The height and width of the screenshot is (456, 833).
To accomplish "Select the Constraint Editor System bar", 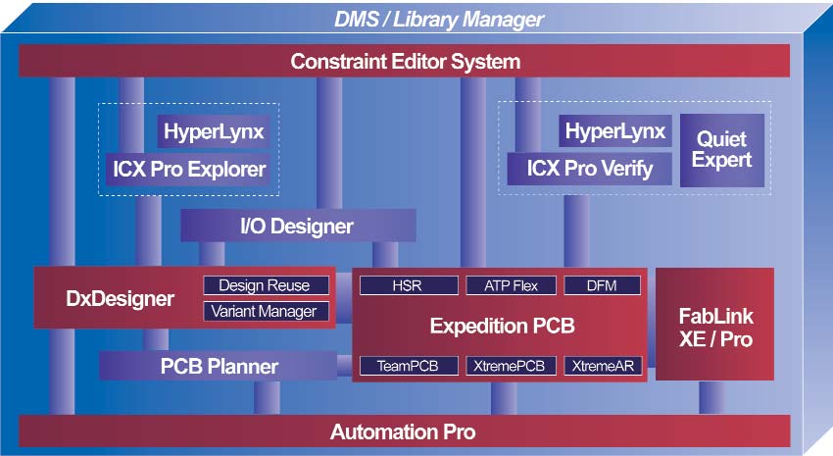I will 405,62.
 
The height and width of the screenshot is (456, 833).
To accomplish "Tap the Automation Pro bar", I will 405,431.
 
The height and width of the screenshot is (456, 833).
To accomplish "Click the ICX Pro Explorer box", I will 187,169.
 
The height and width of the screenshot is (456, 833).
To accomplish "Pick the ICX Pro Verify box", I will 589,169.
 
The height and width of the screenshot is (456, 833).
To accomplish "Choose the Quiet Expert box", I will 721,149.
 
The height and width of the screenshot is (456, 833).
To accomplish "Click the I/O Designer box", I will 297,227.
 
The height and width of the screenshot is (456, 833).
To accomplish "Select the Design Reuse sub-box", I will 264,285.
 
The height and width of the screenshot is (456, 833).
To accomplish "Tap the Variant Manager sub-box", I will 264,311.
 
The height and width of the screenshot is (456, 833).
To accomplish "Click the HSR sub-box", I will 408,285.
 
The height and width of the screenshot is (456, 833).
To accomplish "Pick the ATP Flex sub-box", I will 511,285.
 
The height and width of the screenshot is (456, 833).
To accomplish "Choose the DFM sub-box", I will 603,285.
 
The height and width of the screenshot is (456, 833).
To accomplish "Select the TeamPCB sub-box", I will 408,366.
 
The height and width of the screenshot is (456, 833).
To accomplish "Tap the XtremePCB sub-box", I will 511,366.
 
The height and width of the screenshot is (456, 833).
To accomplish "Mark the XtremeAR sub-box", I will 603,366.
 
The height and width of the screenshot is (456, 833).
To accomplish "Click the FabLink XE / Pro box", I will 712,325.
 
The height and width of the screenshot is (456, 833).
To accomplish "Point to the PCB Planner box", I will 219,367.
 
